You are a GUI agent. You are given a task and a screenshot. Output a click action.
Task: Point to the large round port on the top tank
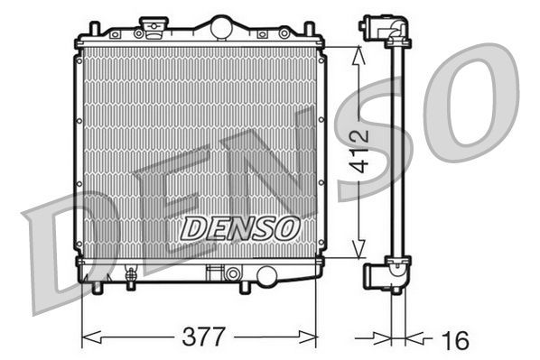[221, 28]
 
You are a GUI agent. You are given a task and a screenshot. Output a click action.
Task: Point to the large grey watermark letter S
[376, 144]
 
